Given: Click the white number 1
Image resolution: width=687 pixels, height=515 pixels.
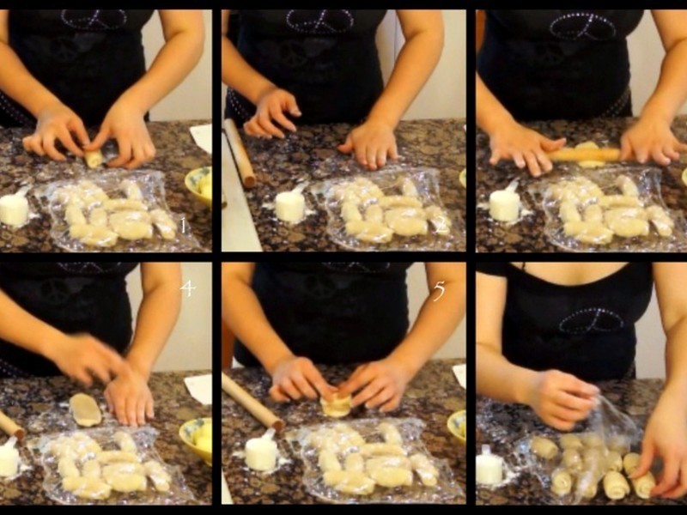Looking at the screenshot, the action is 183,226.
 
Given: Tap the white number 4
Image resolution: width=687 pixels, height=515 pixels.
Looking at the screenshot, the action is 187,288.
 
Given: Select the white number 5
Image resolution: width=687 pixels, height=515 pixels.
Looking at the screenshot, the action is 439,291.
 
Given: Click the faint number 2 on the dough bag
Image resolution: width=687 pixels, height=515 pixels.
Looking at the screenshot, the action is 442,224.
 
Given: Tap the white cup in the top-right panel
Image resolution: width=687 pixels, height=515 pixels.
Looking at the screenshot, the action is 505,203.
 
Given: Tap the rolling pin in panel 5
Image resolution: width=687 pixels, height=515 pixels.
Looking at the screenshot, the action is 252,402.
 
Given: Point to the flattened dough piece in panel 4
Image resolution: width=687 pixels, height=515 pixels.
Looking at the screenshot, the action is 85,410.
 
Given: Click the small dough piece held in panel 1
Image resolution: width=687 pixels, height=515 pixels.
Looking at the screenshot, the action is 94,159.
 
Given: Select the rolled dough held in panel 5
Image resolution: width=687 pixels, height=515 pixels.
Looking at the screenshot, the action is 335,404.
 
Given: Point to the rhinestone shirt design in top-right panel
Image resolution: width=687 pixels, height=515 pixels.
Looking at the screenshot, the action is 583,26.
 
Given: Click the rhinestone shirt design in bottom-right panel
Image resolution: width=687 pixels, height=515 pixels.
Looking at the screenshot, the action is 592,321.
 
